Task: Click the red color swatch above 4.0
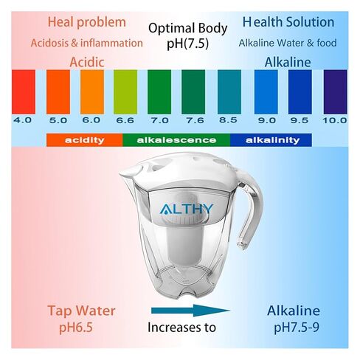point(24,92)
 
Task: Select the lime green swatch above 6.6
point(125,92)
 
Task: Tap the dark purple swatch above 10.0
point(336,92)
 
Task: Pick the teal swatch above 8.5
point(229,92)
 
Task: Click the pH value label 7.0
point(159,120)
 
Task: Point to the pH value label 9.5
point(300,120)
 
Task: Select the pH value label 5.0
point(58,120)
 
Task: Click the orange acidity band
point(85,140)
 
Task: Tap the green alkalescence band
point(176,140)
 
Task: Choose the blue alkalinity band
point(271,140)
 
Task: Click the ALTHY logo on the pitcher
point(186,209)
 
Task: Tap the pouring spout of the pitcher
point(129,172)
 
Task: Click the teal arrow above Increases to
point(190,311)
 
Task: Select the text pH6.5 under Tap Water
point(76,328)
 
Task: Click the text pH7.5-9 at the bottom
point(297,328)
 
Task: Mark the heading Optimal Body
point(188,28)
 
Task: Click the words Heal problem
point(87,22)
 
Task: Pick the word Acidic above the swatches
point(87,62)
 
